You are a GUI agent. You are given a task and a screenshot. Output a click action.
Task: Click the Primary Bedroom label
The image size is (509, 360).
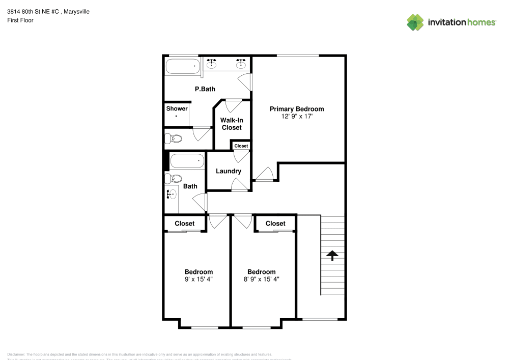coord(296,109)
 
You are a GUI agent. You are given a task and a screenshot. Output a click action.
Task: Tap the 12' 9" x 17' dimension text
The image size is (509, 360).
coord(296,117)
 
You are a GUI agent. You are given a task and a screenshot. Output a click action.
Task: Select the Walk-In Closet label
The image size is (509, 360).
coord(232,124)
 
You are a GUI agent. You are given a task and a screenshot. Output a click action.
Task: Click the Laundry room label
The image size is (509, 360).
coord(228,171)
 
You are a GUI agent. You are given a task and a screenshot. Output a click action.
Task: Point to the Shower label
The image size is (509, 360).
coord(177,108)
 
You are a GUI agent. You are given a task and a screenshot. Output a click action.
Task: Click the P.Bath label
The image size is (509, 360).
coord(205,89)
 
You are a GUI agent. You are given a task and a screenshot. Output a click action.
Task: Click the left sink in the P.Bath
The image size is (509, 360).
coord(212,64)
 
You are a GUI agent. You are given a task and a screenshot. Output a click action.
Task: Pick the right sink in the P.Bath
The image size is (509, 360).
coord(241,64)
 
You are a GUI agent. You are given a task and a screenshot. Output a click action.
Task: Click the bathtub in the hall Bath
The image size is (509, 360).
coord(185,161)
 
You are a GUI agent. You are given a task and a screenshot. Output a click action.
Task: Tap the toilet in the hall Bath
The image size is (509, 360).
coord(175,179)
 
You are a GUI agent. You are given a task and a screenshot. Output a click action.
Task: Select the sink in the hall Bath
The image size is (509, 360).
coord(172,193)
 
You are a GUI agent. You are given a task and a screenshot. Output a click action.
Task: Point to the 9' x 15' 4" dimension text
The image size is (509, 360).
coord(199,279)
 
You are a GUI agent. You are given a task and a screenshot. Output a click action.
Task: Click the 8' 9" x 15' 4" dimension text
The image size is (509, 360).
coord(261,279)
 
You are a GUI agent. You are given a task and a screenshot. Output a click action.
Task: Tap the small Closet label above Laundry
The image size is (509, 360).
coord(241,146)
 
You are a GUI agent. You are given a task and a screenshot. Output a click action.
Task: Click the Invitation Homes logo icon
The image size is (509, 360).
coord(415,22)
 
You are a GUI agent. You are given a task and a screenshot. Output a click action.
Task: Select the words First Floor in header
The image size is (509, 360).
coord(20,20)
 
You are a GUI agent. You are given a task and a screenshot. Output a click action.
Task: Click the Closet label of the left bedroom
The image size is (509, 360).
coord(184,224)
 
